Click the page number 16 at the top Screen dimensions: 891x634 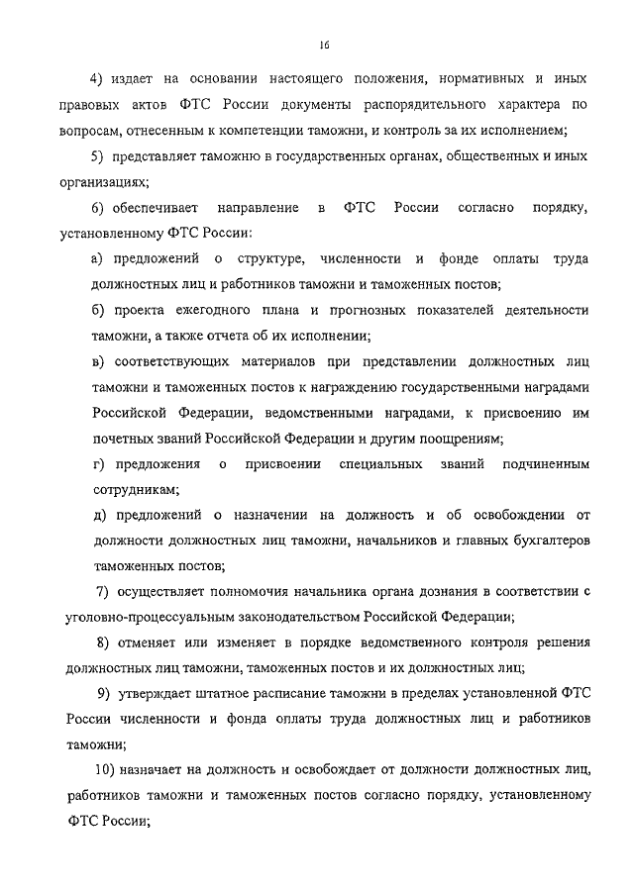[x=324, y=45]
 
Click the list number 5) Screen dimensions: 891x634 [x=97, y=156]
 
